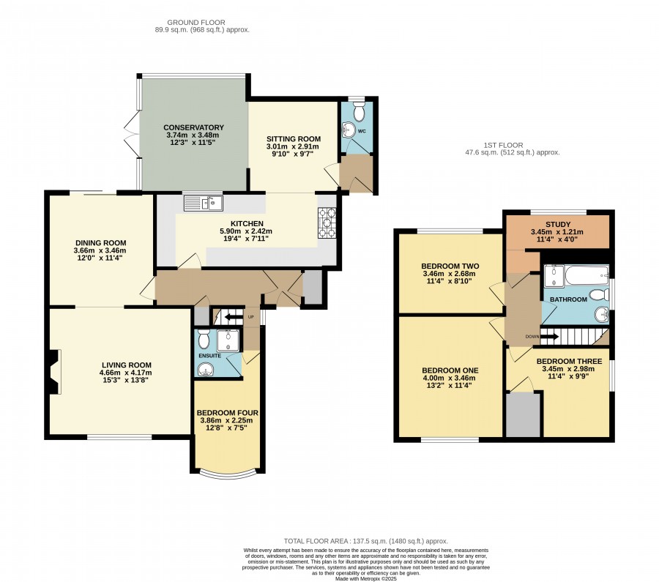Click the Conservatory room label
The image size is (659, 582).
tap(193, 127)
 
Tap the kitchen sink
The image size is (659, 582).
tap(204, 203)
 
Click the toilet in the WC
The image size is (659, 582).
tap(359, 111)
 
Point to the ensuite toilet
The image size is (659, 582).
tap(204, 339)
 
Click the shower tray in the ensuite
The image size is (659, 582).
tap(228, 340)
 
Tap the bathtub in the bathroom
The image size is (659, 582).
tap(587, 275)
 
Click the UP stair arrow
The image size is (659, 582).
tap(230, 316)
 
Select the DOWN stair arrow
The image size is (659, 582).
tap(549, 336)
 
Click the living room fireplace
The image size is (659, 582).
tap(53, 372)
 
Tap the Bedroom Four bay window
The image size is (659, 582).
tap(228, 475)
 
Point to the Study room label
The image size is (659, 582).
tap(558, 224)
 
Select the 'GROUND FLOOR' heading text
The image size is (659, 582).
tap(196, 22)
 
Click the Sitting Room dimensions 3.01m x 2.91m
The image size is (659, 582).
tap(292, 146)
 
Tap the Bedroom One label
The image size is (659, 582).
tap(450, 370)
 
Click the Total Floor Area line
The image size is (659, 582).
tap(365, 541)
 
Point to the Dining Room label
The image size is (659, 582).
tap(101, 242)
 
